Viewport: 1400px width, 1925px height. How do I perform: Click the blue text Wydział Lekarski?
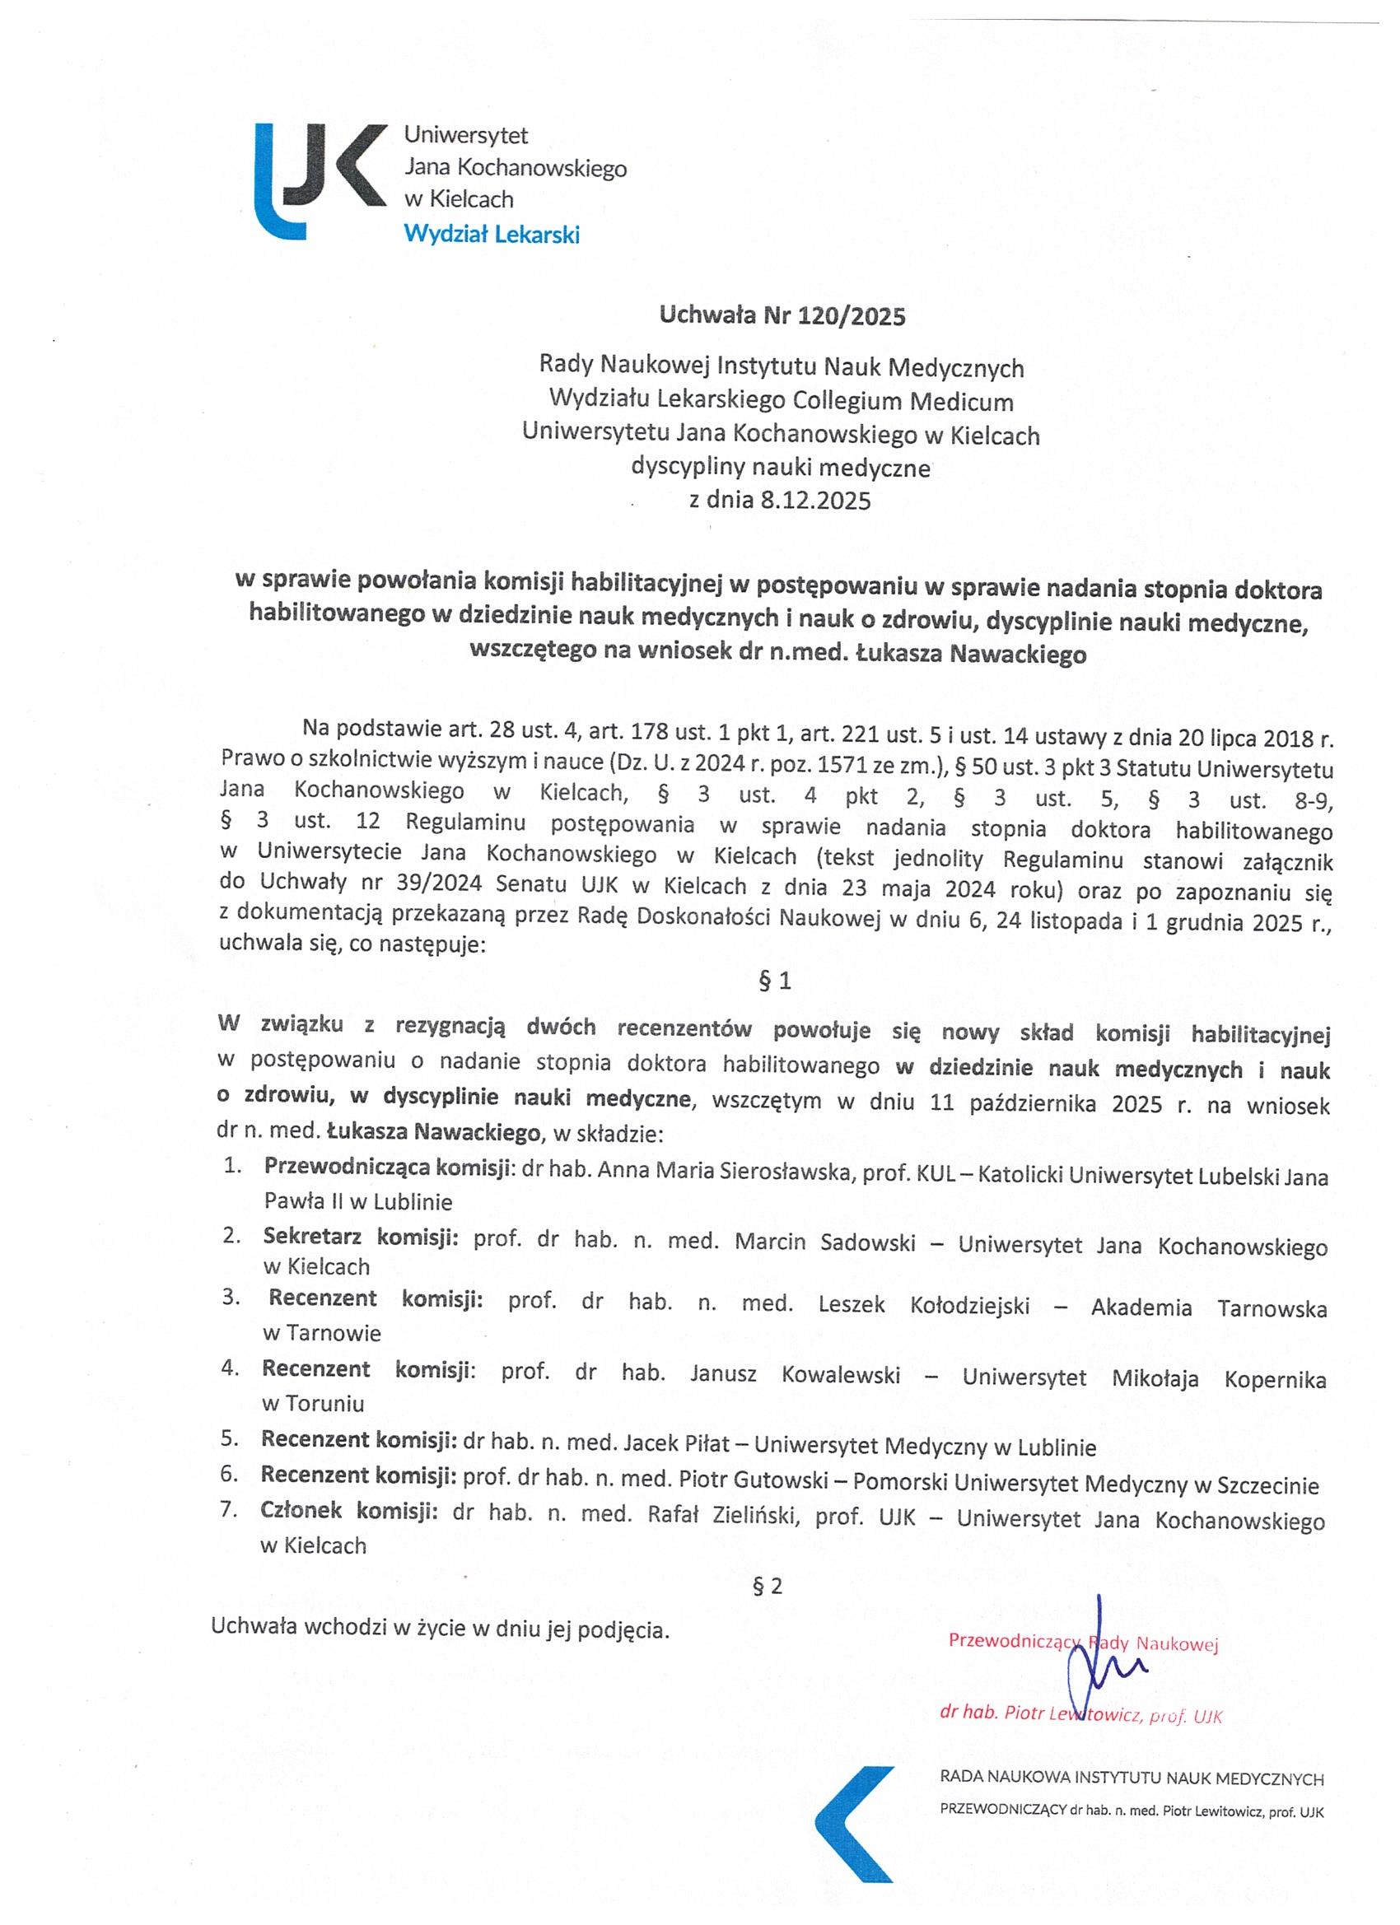(x=492, y=235)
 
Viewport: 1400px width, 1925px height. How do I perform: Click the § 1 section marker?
(x=774, y=982)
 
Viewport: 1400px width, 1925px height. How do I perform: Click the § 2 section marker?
(x=768, y=1587)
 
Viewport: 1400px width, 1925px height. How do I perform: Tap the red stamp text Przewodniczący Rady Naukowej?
(x=1083, y=1642)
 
